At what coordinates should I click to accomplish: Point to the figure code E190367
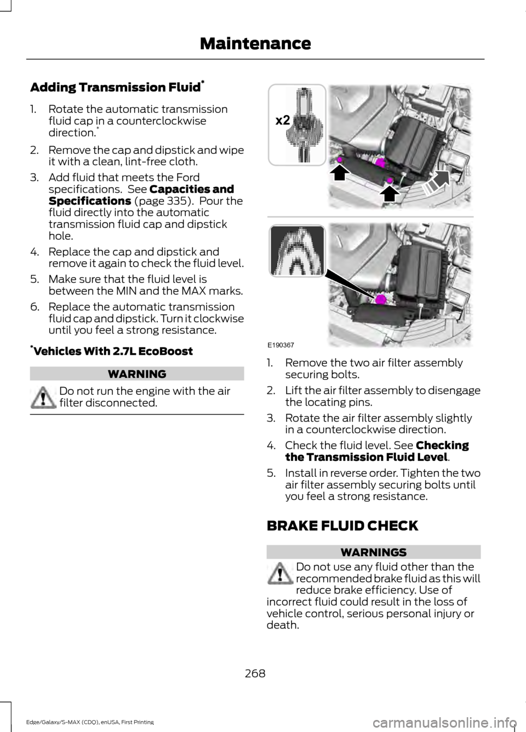[x=281, y=345]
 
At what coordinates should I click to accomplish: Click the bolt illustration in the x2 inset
[x=296, y=124]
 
